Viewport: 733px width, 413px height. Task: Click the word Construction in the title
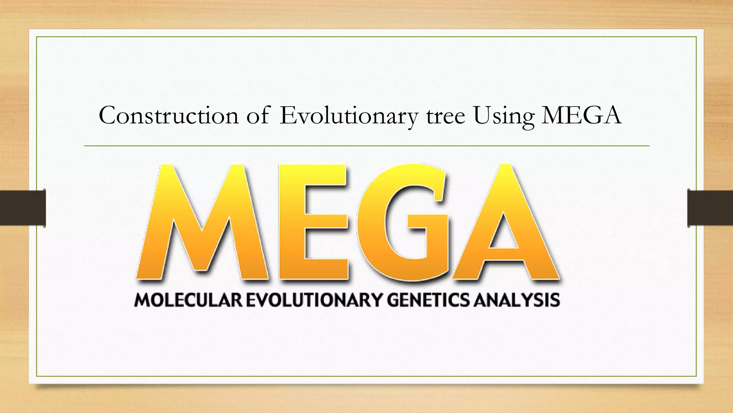click(169, 115)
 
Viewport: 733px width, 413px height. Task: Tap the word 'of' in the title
click(257, 115)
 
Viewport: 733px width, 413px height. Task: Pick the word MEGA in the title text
click(581, 115)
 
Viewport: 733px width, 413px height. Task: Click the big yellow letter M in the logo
click(202, 222)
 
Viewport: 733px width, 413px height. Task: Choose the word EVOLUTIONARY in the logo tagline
click(314, 300)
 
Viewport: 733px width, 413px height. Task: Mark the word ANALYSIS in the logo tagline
click(517, 300)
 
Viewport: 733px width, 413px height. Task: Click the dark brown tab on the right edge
click(710, 208)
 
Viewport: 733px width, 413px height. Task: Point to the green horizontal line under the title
click(366, 146)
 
